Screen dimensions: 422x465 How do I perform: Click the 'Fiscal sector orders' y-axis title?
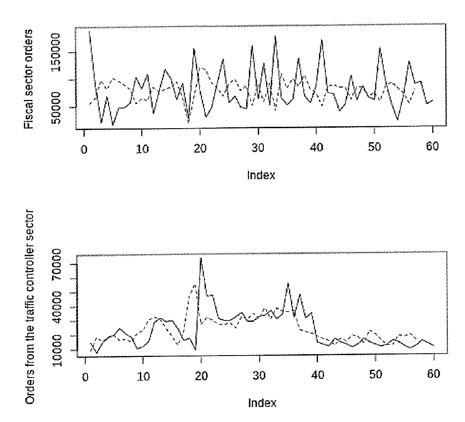29,79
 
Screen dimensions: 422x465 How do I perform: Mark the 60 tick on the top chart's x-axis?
433,149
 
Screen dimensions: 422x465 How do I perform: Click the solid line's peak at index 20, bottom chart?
201,259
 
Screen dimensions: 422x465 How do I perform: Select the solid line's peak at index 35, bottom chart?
288,284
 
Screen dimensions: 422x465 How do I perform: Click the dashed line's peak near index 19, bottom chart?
195,285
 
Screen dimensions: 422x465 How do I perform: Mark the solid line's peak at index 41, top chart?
322,40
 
